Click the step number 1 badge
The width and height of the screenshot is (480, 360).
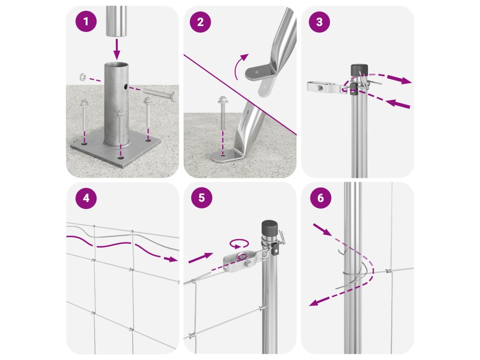86,22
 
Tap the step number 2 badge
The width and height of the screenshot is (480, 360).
200,22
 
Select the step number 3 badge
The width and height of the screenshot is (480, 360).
319,22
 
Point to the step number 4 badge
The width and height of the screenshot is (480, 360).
86,198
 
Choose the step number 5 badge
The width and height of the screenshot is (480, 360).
202,198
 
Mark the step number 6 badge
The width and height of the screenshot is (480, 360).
321,198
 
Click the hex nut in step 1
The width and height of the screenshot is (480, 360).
82,76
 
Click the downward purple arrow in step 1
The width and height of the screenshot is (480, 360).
117,49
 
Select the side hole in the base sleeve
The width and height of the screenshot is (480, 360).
126,87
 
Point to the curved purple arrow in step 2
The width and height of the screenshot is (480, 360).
240,66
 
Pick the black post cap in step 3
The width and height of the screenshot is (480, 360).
357,70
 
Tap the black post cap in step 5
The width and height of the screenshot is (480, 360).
270,228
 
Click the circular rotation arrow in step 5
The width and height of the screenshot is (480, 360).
239,244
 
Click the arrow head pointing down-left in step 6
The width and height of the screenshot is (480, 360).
314,302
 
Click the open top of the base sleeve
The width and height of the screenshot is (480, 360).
116,65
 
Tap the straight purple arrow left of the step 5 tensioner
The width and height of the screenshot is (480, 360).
201,258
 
